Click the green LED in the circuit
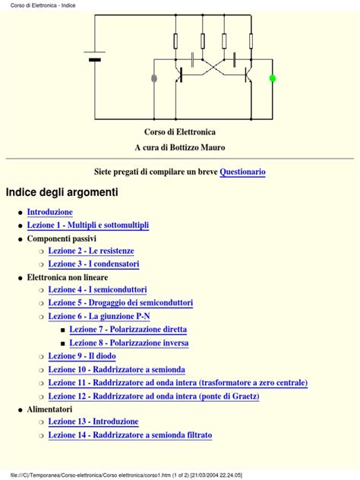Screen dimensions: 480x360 pos(273,78)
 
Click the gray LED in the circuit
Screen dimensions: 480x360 pos(155,78)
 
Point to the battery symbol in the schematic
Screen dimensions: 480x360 pos(95,59)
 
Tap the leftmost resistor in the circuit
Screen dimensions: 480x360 pos(176,41)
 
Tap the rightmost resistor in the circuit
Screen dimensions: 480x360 pos(251,41)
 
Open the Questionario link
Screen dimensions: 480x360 pos(242,172)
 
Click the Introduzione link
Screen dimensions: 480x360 pos(49,212)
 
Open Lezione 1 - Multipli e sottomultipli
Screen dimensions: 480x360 pos(87,226)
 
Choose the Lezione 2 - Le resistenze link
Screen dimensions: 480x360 pos(90,251)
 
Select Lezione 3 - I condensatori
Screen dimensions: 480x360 pos(93,264)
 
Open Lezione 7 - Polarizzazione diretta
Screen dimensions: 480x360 pos(128,330)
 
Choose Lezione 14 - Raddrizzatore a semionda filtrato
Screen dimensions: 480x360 pos(130,435)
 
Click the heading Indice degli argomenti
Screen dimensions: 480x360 pos(62,193)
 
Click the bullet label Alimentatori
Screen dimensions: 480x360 pos(50,409)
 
